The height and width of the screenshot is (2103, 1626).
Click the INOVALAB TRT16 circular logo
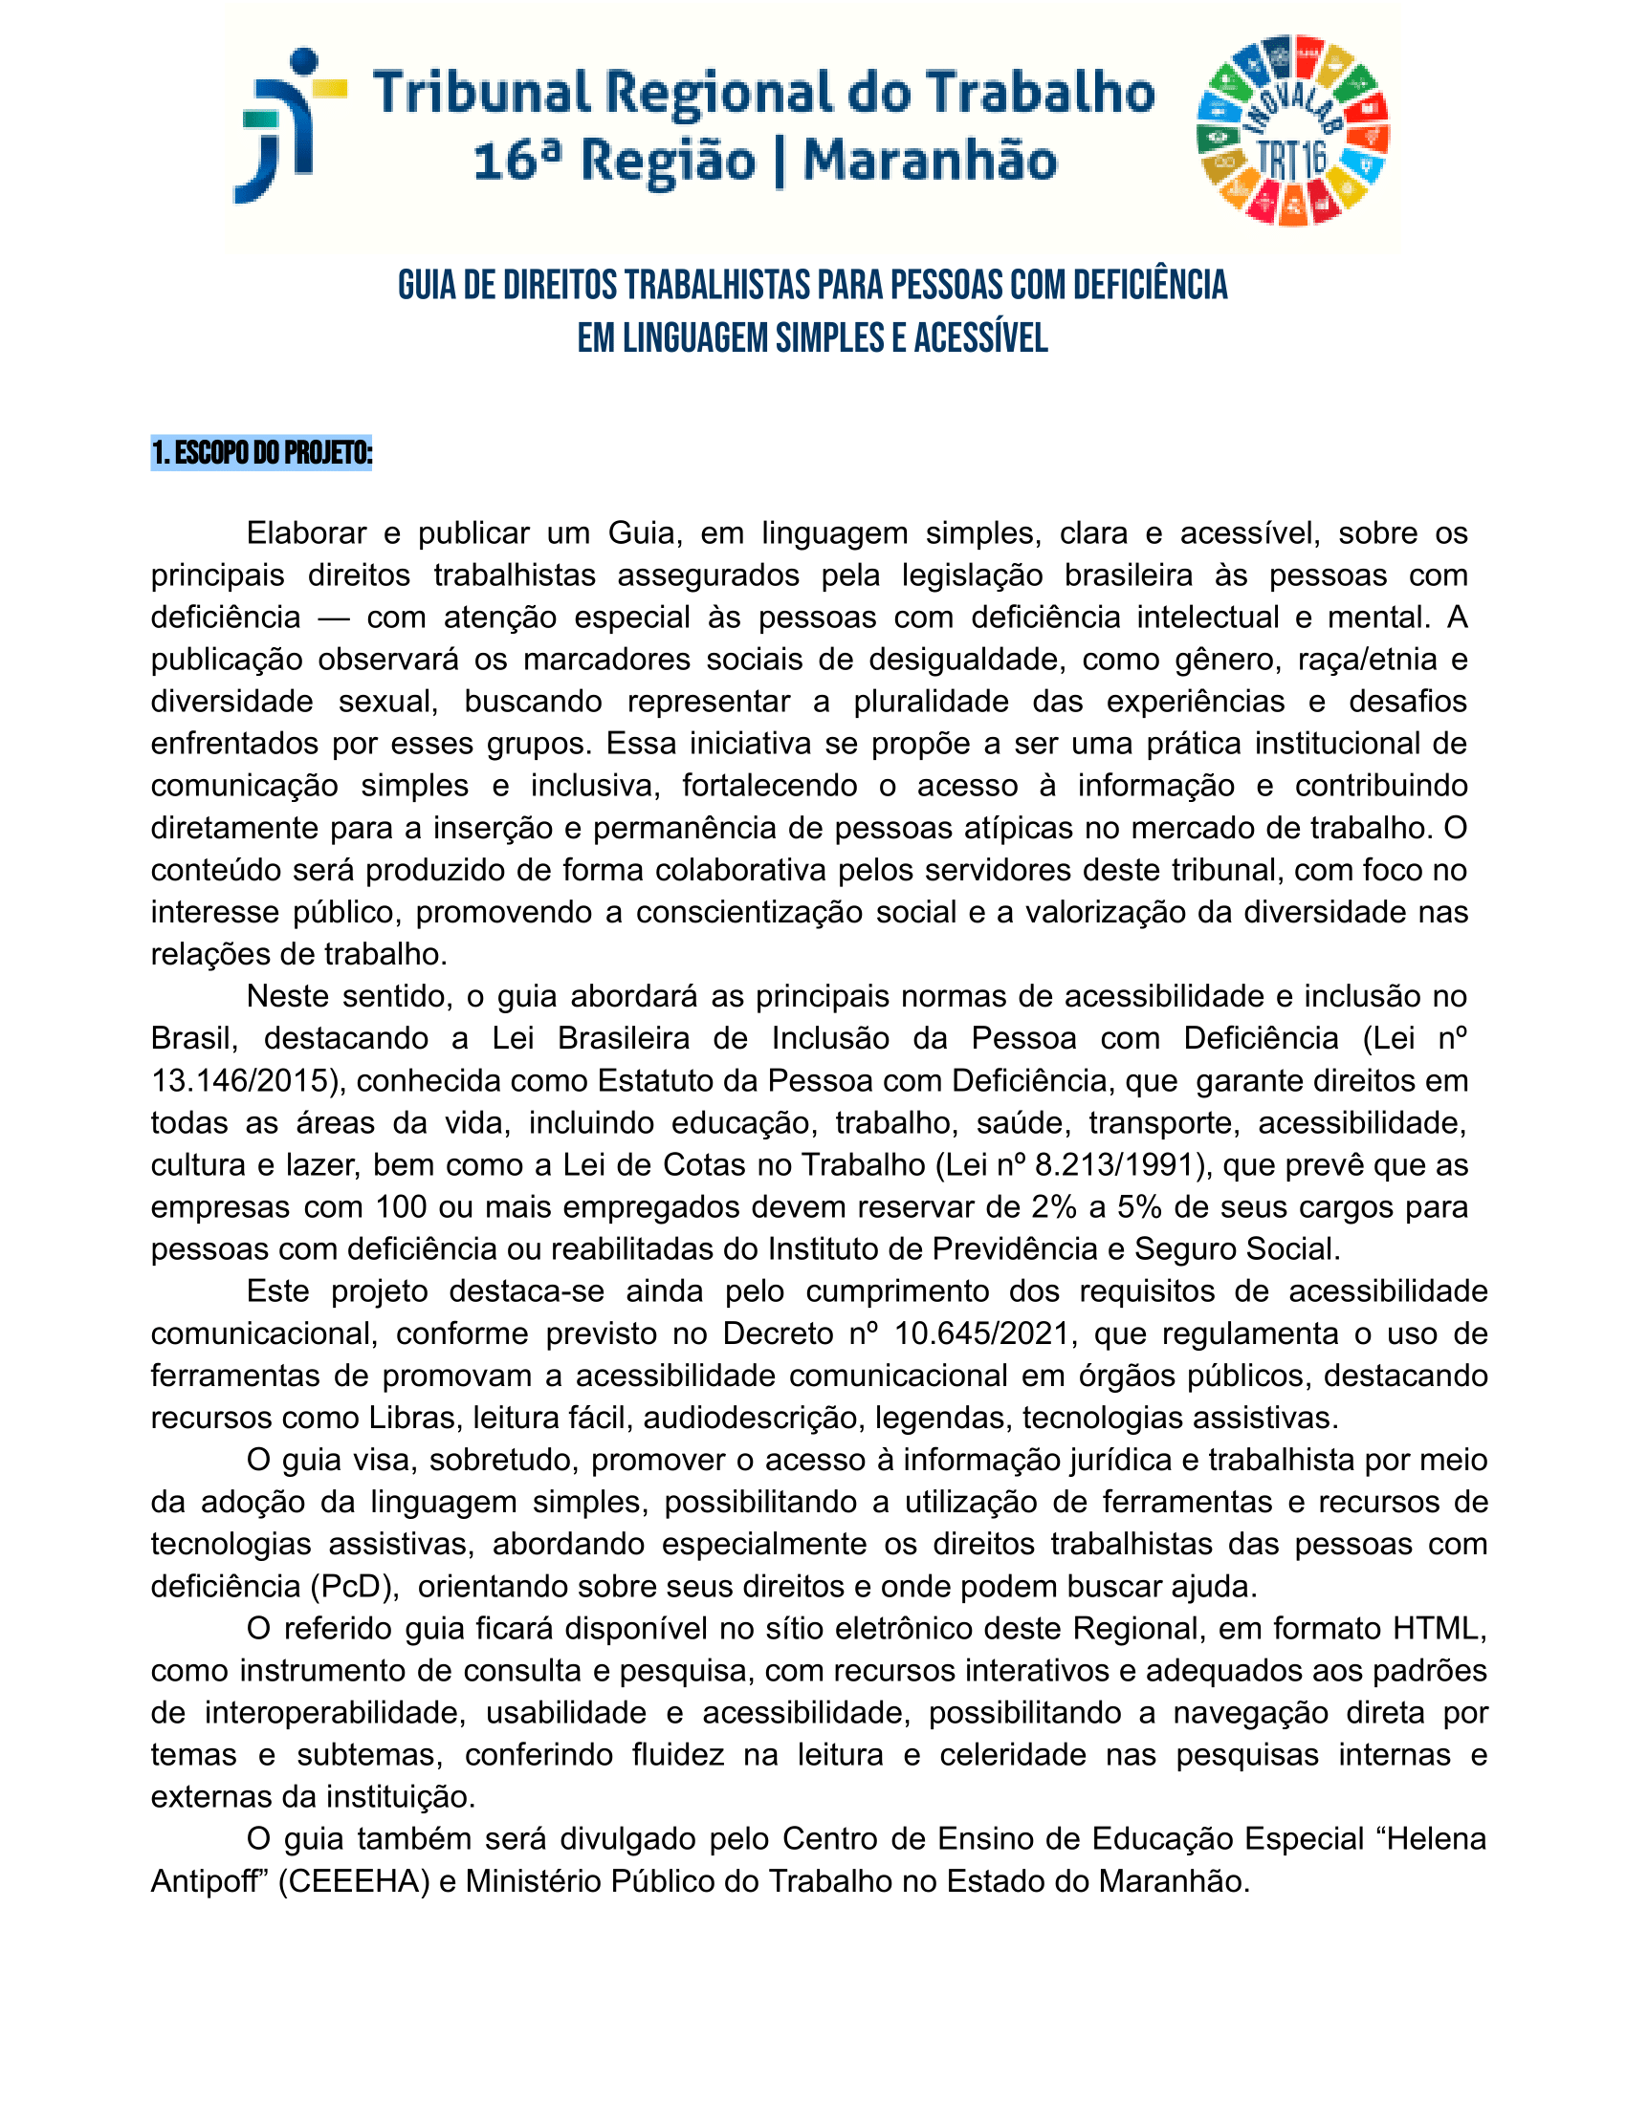tap(1292, 132)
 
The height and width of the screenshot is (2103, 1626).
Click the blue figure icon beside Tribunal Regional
tap(289, 125)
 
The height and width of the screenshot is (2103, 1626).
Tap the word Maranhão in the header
tap(930, 161)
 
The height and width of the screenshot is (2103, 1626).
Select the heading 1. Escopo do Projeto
tap(261, 452)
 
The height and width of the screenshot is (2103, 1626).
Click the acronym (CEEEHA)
tap(354, 1880)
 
